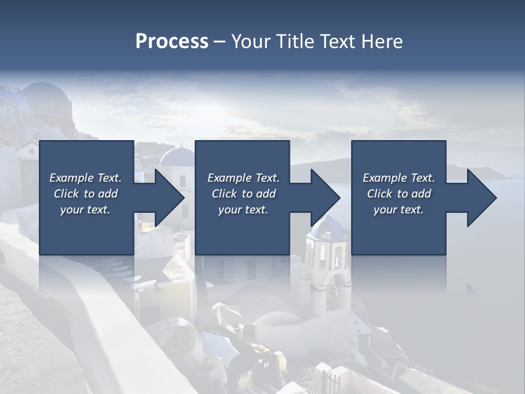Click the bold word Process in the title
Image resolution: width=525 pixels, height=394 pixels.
click(x=172, y=42)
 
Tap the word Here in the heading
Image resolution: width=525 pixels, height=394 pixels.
click(x=382, y=42)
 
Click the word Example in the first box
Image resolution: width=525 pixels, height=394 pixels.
click(x=71, y=178)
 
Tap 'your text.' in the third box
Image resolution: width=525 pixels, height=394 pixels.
click(x=398, y=210)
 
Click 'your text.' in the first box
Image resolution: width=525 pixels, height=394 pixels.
click(x=85, y=210)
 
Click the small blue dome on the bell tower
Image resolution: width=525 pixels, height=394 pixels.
click(x=327, y=227)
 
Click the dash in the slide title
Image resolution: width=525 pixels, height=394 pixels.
click(x=220, y=42)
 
